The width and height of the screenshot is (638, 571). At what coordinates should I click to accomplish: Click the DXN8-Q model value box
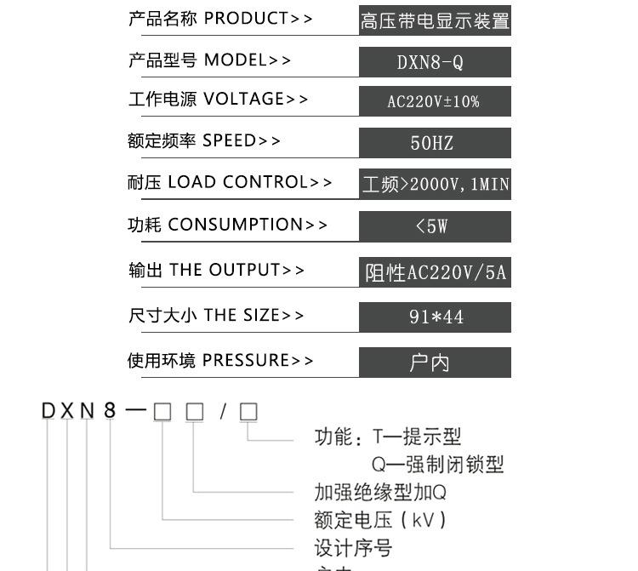tap(435, 62)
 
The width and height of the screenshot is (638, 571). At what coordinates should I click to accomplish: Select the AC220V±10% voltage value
tap(435, 101)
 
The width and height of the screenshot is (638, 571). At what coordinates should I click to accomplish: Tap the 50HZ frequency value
tap(435, 142)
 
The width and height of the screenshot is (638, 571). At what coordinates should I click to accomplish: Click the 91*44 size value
tap(435, 317)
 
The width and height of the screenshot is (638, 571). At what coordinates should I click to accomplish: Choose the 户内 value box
tap(435, 363)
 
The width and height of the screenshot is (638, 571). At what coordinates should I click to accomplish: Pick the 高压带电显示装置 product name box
tap(435, 20)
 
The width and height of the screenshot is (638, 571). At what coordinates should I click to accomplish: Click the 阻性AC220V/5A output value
tap(435, 272)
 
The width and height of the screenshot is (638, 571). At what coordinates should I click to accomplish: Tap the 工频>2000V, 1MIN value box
tap(435, 184)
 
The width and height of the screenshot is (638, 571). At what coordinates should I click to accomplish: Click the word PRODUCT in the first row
tap(246, 19)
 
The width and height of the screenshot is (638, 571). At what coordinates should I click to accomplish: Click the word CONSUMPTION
tap(236, 225)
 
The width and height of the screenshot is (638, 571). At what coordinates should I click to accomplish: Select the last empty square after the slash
tap(248, 412)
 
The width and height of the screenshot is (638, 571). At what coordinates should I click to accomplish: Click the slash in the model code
tap(223, 412)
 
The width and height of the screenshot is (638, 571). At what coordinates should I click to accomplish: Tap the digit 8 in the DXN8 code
tap(109, 412)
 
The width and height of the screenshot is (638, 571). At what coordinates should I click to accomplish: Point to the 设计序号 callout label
tap(353, 547)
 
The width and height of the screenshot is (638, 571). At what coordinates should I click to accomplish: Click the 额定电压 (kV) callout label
tap(380, 519)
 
